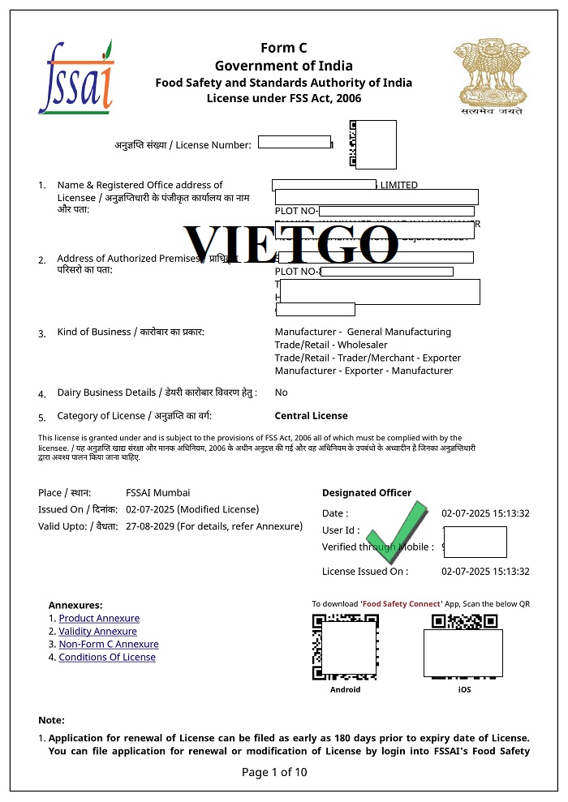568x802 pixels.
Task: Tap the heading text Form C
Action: click(x=283, y=48)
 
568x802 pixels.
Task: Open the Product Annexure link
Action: click(x=99, y=619)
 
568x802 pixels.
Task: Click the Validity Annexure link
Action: click(x=97, y=632)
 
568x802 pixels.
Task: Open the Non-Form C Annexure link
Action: click(x=109, y=645)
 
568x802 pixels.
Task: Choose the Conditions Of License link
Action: click(x=107, y=658)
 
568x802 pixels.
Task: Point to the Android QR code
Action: click(x=345, y=647)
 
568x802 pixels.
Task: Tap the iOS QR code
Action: click(x=463, y=647)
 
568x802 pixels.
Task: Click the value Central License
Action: click(x=311, y=416)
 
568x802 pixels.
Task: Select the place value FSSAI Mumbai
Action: click(x=158, y=493)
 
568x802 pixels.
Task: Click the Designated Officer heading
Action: click(x=367, y=493)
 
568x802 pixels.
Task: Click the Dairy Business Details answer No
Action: click(x=281, y=392)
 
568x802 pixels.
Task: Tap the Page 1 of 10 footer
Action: click(x=274, y=772)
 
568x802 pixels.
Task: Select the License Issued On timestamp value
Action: click(x=485, y=572)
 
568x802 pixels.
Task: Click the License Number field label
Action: click(x=183, y=145)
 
